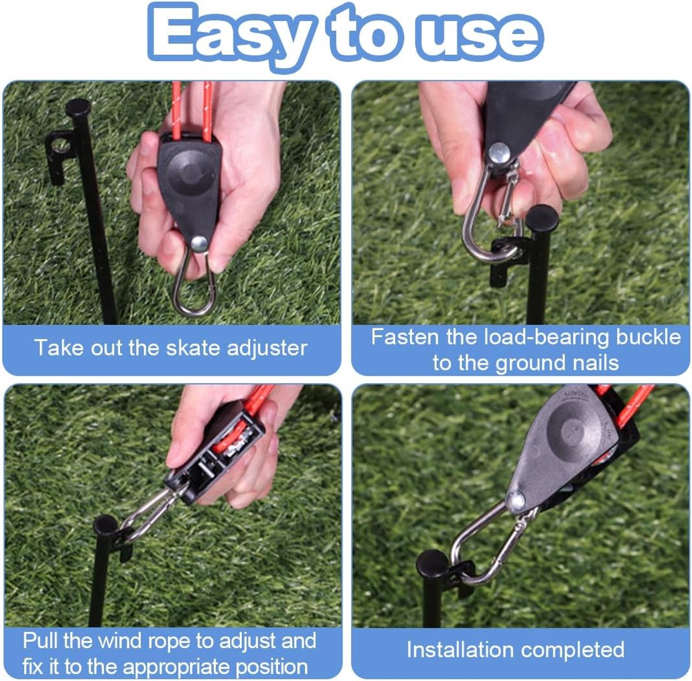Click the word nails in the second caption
[x=596, y=362]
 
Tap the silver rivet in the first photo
[x=198, y=244]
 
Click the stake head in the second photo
[x=541, y=218]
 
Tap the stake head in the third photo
[x=105, y=525]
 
